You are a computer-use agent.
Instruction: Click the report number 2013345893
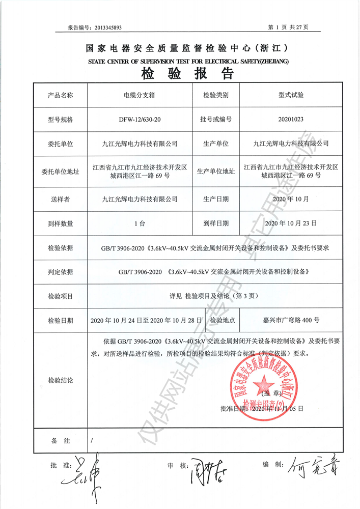click(x=106, y=27)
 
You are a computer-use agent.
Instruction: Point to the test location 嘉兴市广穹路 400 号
click(x=288, y=321)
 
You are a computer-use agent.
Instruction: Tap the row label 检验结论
click(x=60, y=380)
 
